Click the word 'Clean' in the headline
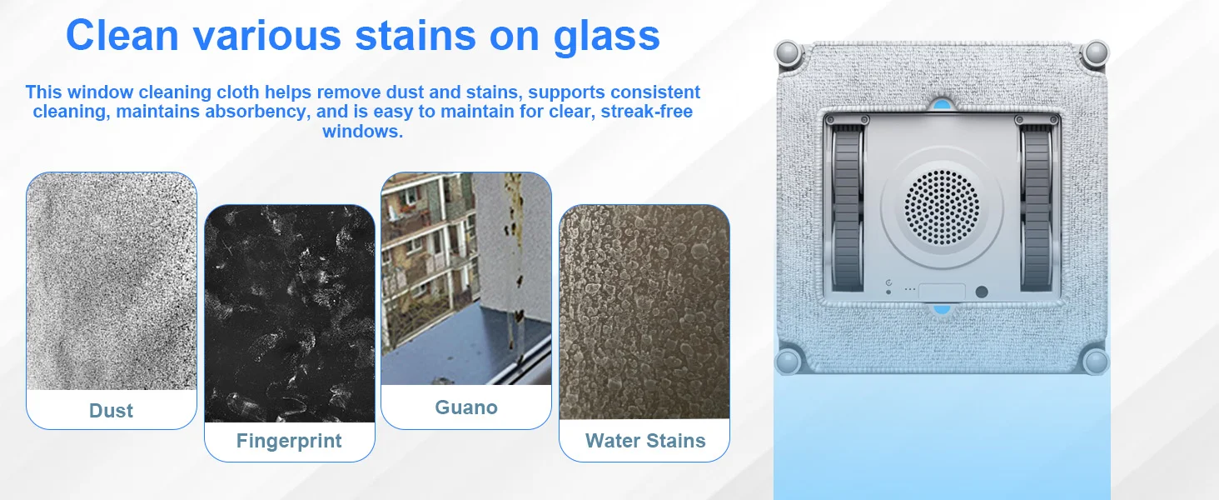coord(122,35)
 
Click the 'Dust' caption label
coord(111,411)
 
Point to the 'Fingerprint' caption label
coord(289,441)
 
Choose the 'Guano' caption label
coord(466,407)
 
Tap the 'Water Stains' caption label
coord(645,441)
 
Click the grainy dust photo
coord(112,281)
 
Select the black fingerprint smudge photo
coord(290,313)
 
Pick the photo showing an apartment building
coord(466,278)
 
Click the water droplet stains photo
coord(644,312)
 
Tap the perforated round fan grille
coord(942,207)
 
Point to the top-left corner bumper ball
coord(788,53)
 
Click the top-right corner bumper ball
coord(1096,53)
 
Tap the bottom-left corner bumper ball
coord(788,362)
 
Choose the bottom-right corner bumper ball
coord(1096,362)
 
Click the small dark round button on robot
coord(982,292)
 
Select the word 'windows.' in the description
coord(362,132)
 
